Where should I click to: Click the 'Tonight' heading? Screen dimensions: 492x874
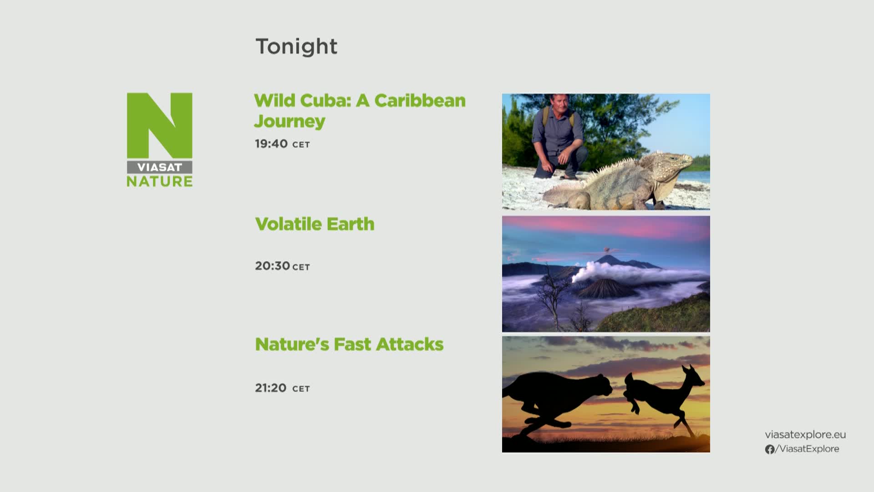click(x=296, y=46)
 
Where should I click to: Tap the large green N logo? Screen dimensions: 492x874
click(x=159, y=125)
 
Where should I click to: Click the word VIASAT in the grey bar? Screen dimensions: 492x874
click(x=159, y=167)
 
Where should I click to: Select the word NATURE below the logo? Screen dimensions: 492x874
click(x=159, y=181)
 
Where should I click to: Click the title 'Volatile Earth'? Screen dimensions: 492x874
click(x=315, y=224)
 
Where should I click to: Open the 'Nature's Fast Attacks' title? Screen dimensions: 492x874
click(x=349, y=344)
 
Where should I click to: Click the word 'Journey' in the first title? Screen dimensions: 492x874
click(x=290, y=121)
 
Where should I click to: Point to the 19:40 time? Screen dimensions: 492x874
click(x=271, y=144)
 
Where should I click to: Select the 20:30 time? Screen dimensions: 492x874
click(x=272, y=266)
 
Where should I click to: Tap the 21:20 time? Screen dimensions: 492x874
click(x=271, y=388)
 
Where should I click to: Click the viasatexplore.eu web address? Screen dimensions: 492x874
click(x=805, y=435)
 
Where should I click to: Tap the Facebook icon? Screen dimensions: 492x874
click(x=770, y=449)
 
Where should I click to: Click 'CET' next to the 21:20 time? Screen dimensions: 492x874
click(x=301, y=389)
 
